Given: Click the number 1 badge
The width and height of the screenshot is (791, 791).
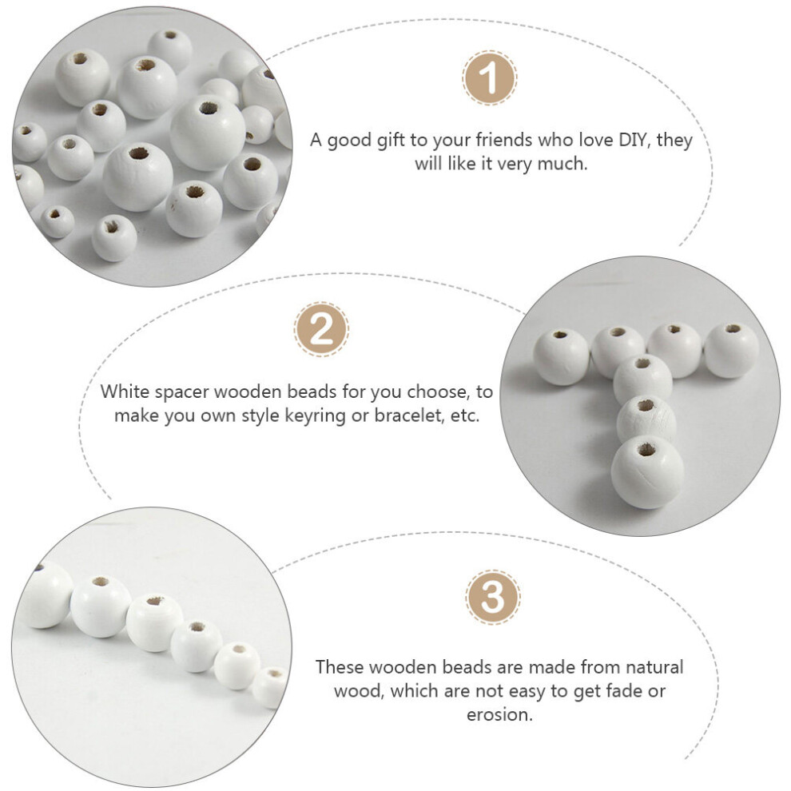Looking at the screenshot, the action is point(489,78).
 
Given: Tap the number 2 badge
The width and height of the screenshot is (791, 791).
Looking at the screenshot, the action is point(321,329).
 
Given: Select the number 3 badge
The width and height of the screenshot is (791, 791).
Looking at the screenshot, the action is point(492,598).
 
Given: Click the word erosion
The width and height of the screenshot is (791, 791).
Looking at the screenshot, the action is point(499,714).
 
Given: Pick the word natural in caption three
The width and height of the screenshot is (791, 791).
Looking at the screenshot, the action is point(654,667).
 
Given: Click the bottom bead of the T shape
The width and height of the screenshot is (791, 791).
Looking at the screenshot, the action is point(647,472).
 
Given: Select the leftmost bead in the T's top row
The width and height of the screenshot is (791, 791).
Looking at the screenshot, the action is point(562,356).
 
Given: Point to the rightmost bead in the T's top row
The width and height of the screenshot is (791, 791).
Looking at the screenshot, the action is point(731,351).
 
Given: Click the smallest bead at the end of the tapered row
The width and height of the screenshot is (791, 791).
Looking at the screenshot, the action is point(270,686).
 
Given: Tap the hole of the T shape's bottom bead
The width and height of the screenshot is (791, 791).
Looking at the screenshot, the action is point(646,449).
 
